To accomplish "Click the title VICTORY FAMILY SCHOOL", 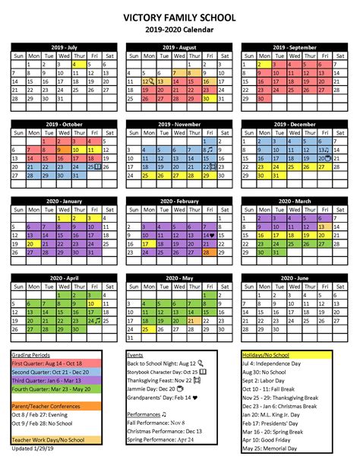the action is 180,17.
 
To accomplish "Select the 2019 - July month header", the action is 64,47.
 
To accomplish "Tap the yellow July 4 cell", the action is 74,65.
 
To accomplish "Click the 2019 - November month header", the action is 179,122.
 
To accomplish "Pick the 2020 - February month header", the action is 179,200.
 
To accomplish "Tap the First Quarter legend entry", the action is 45,364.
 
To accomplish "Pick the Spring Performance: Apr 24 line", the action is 162,439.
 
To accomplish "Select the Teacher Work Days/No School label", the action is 49,440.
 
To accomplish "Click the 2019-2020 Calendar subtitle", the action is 180,30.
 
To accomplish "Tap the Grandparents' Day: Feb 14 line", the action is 162,397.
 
